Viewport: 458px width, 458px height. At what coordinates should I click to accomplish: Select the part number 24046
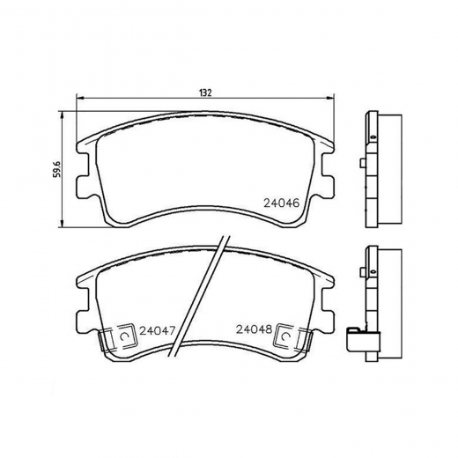pos(282,201)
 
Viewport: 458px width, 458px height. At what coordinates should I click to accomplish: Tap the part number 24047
pos(155,330)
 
